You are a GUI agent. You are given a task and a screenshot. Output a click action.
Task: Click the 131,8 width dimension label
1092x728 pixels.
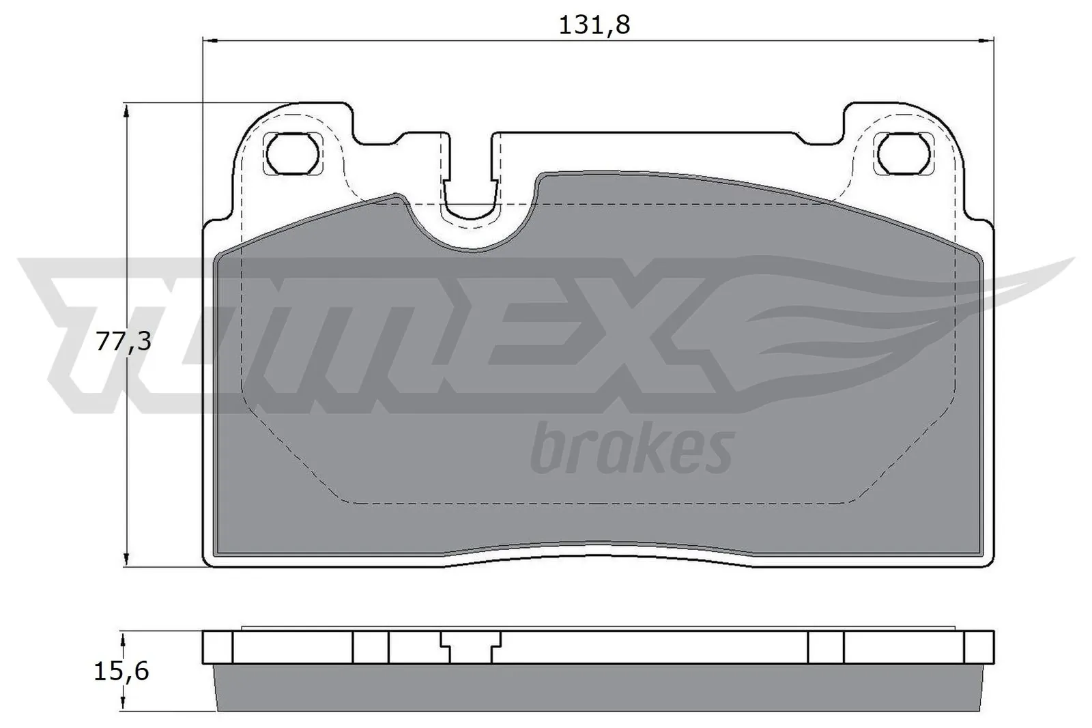594,25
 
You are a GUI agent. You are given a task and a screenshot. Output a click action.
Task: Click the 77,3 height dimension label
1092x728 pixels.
123,341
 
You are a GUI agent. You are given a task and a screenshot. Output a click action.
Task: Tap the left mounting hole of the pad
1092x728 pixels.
293,153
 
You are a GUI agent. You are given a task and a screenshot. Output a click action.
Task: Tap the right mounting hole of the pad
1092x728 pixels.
904,153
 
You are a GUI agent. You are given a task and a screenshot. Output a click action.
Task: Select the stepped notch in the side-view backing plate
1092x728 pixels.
471,645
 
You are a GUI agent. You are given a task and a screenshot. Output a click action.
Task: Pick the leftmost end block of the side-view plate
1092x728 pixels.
218,647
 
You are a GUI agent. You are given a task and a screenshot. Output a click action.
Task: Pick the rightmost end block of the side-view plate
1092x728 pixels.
979,647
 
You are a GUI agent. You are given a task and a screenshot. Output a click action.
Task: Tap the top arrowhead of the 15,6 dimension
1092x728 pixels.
123,638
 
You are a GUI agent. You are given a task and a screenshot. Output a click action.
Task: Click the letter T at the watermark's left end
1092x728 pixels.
82,321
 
